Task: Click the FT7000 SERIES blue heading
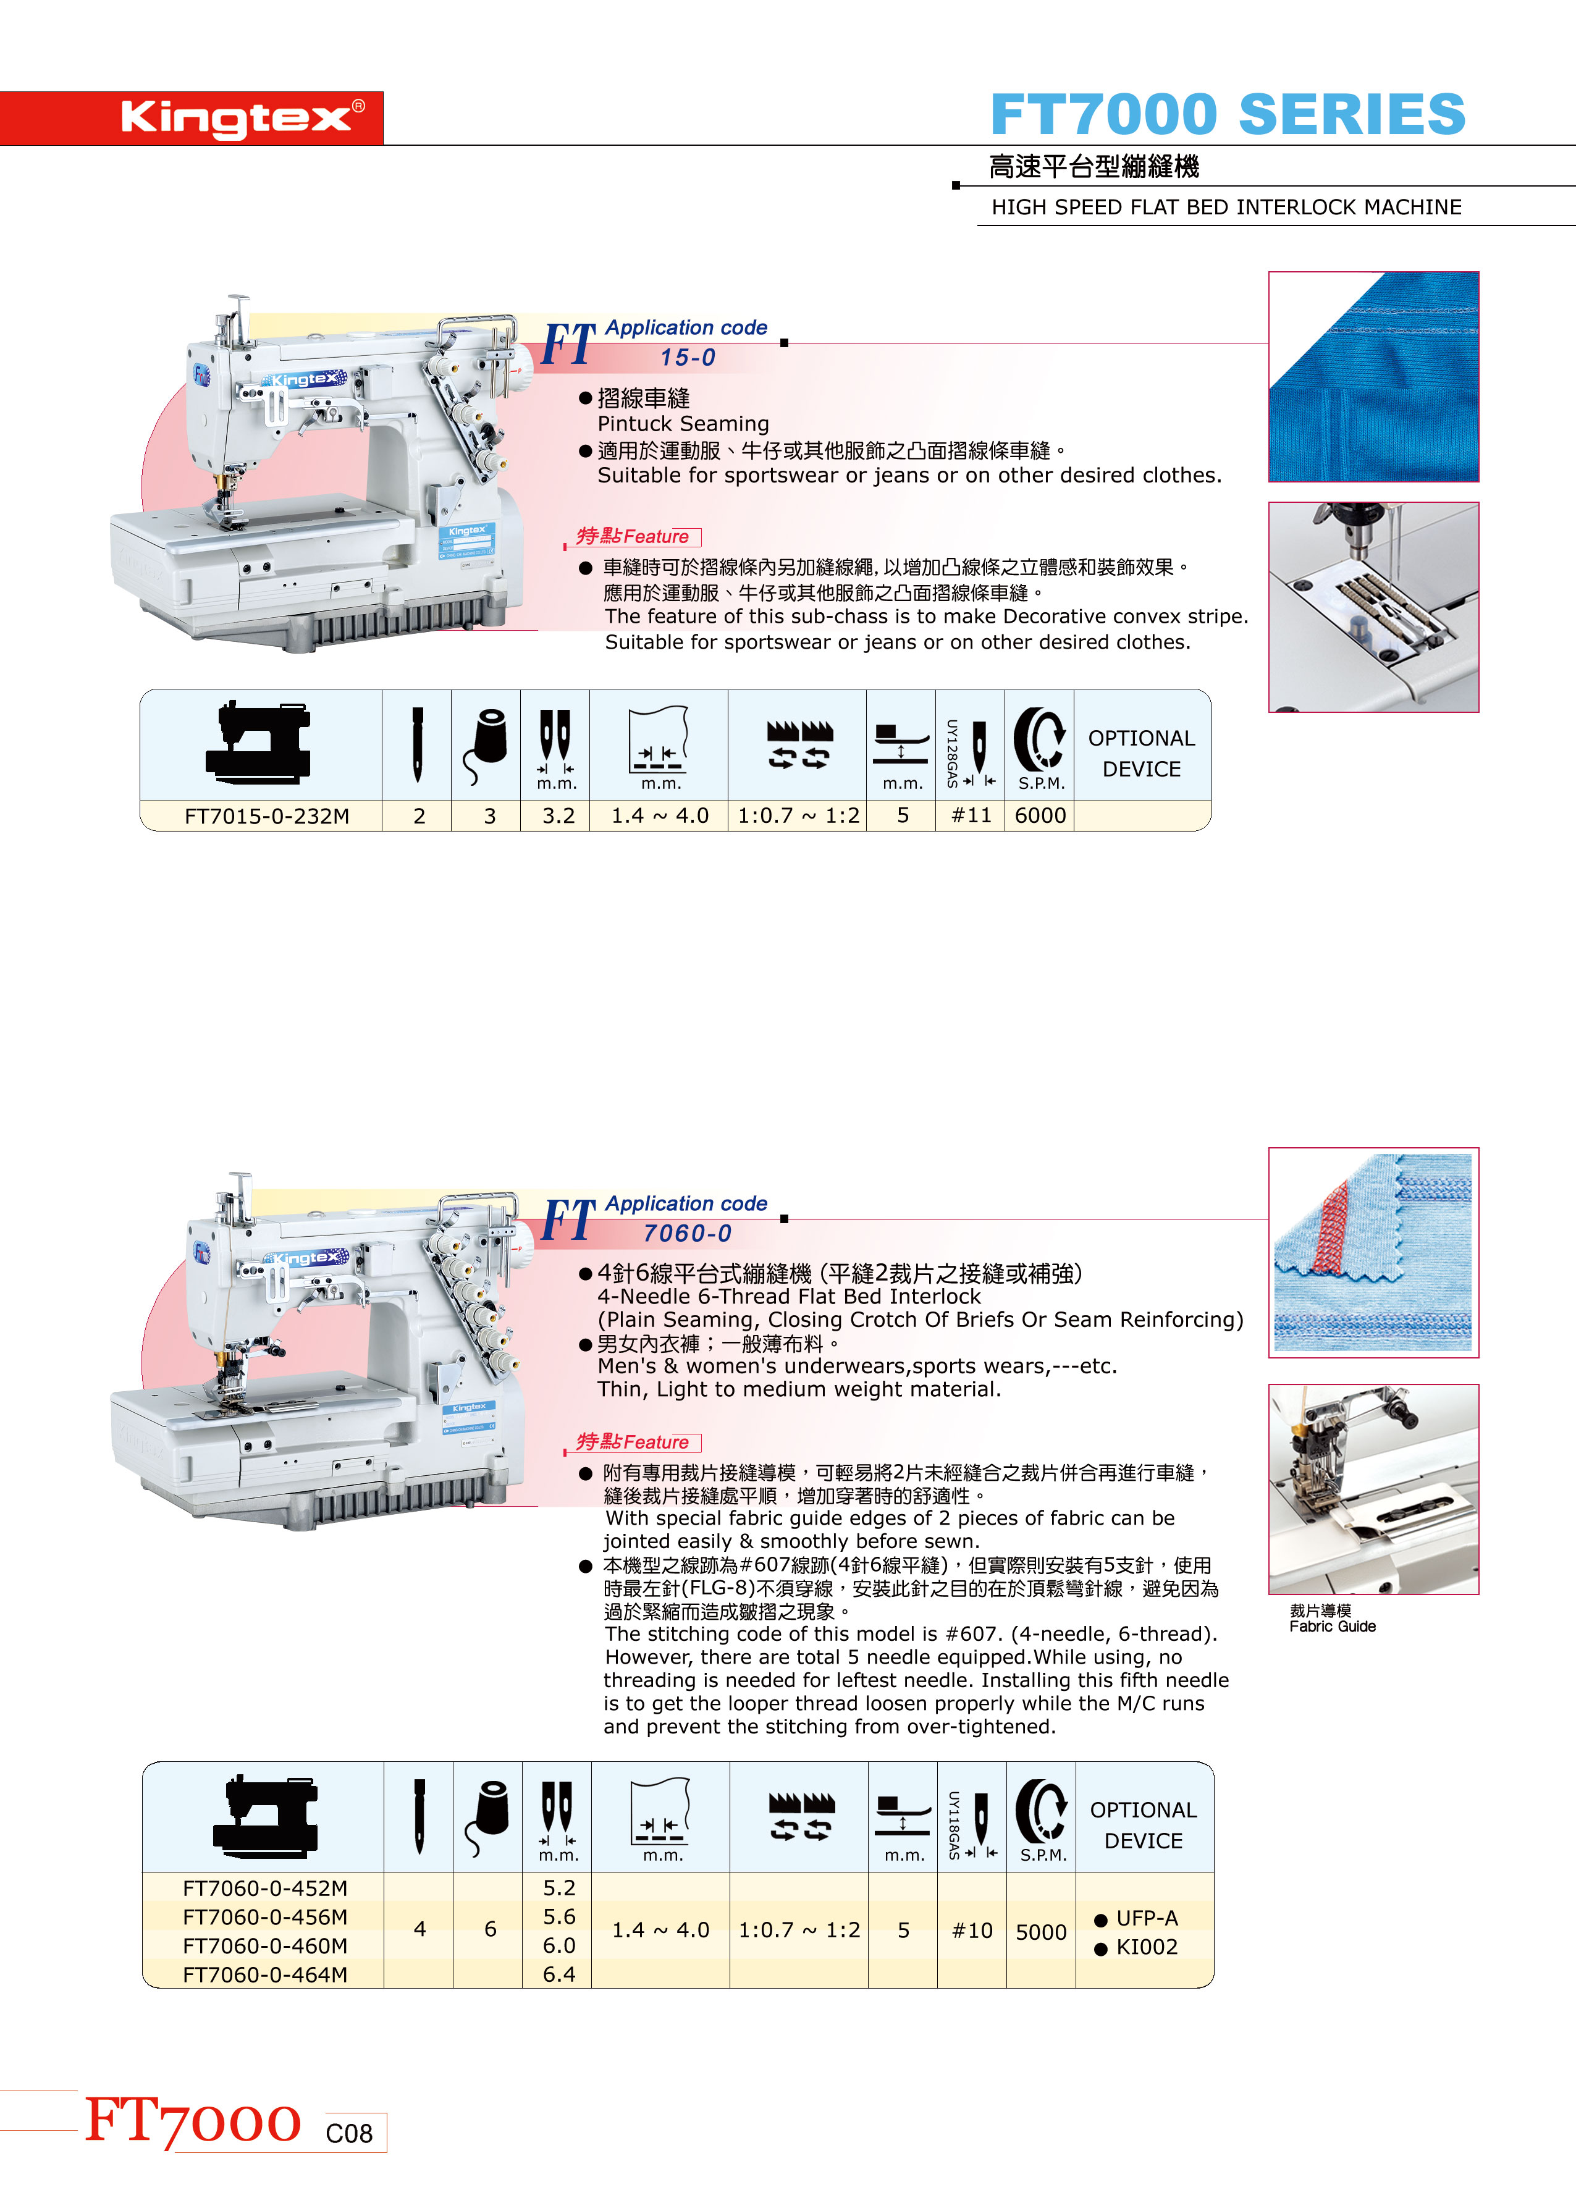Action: (1228, 114)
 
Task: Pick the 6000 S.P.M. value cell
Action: (1040, 816)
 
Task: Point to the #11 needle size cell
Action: (971, 816)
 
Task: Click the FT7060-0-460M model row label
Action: (265, 1945)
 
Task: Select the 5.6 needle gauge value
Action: (559, 1916)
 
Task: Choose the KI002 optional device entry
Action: (1136, 1947)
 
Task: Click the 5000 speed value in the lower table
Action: (1041, 1932)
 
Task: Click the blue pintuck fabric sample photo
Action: (1373, 376)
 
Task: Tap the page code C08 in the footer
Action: (349, 2133)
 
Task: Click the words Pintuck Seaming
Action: (683, 424)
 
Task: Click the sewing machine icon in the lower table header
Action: (265, 1815)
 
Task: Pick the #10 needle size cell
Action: (972, 1931)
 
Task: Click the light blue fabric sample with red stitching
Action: (1373, 1252)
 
